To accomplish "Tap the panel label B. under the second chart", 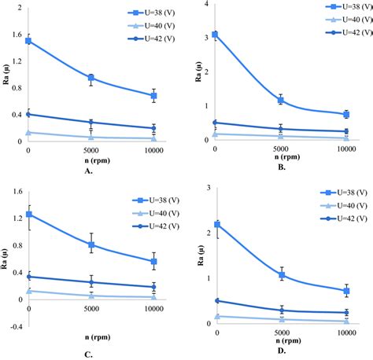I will [x=280, y=167].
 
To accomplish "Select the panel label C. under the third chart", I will [x=89, y=354].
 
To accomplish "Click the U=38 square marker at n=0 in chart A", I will [x=28, y=41].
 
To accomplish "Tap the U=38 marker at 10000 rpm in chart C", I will [x=153, y=262].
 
